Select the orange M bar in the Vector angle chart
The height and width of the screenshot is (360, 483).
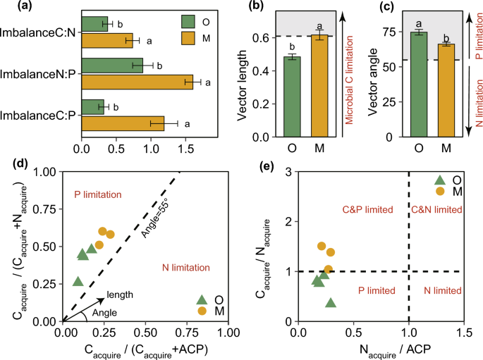pos(444,90)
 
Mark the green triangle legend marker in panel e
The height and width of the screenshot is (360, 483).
pos(440,180)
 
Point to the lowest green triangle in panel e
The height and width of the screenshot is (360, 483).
pos(331,303)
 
